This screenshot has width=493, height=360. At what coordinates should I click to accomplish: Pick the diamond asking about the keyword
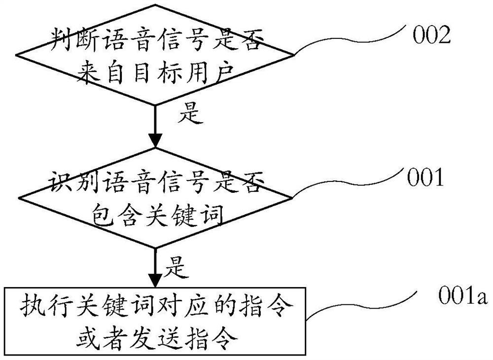pos(155,197)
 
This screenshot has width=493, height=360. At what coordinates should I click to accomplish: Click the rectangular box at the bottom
pos(155,320)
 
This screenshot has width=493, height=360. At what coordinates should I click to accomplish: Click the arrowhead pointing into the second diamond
pos(155,140)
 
